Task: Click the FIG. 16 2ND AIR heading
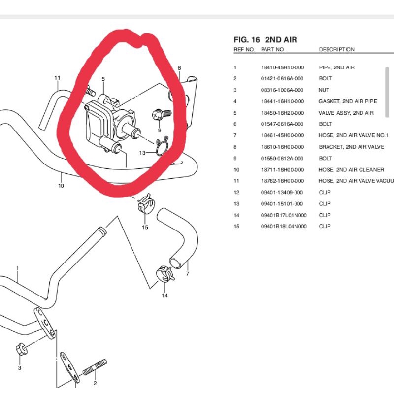265,40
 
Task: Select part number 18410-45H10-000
282,67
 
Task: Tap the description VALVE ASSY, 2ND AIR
346,113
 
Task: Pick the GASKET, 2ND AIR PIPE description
348,101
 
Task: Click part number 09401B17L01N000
284,215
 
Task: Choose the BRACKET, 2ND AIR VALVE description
352,147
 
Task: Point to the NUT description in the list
324,90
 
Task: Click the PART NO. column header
273,50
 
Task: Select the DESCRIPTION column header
337,50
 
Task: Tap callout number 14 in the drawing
164,295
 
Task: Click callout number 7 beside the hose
188,274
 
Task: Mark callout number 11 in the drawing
57,78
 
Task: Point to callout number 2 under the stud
95,383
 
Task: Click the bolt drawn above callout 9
162,115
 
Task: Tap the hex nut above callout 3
21,349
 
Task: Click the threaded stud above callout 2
95,367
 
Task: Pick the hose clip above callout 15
145,203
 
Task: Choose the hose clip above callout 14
164,274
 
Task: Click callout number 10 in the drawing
61,186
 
